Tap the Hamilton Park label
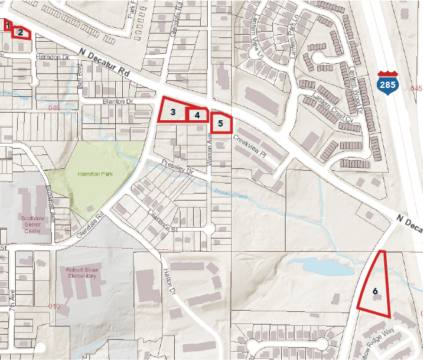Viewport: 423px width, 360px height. (x=96, y=174)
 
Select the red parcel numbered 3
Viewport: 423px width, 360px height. (x=172, y=111)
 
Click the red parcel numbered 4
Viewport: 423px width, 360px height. (x=197, y=115)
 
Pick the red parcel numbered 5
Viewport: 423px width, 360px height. (x=221, y=123)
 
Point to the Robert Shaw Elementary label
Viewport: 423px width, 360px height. (x=82, y=272)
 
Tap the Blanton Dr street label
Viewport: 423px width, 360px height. (x=118, y=101)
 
